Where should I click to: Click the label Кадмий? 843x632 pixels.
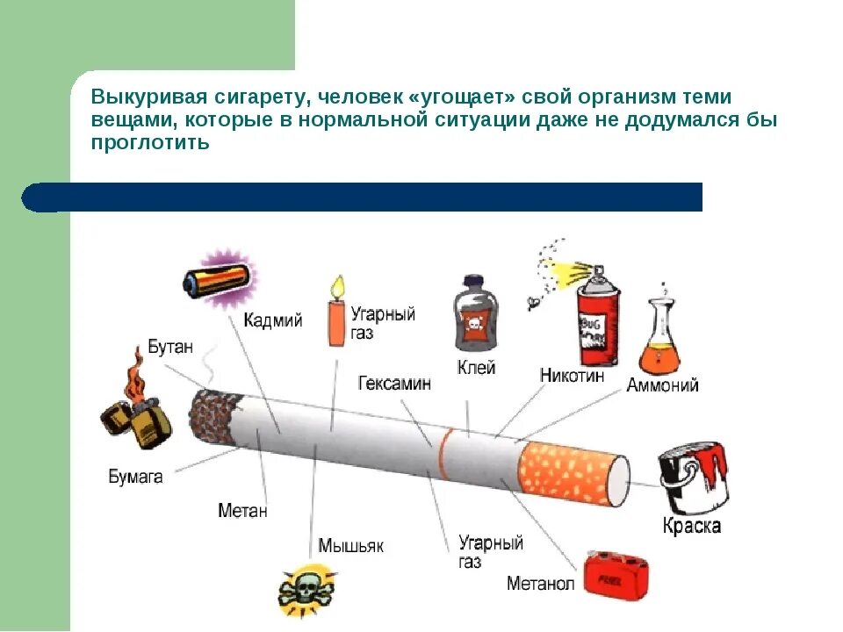tap(273, 320)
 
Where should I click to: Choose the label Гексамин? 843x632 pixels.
tap(394, 384)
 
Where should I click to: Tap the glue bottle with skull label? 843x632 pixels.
tap(475, 315)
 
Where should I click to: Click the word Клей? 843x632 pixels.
tap(476, 367)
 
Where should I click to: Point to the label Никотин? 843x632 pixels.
tap(572, 376)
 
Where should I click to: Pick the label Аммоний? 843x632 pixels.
tap(662, 385)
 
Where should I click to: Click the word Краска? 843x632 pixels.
tap(692, 527)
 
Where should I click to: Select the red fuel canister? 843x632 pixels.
tap(617, 578)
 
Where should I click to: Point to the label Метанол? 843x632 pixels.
tap(540, 584)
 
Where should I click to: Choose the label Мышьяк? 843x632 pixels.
tap(350, 546)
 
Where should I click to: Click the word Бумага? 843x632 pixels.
tap(135, 478)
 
